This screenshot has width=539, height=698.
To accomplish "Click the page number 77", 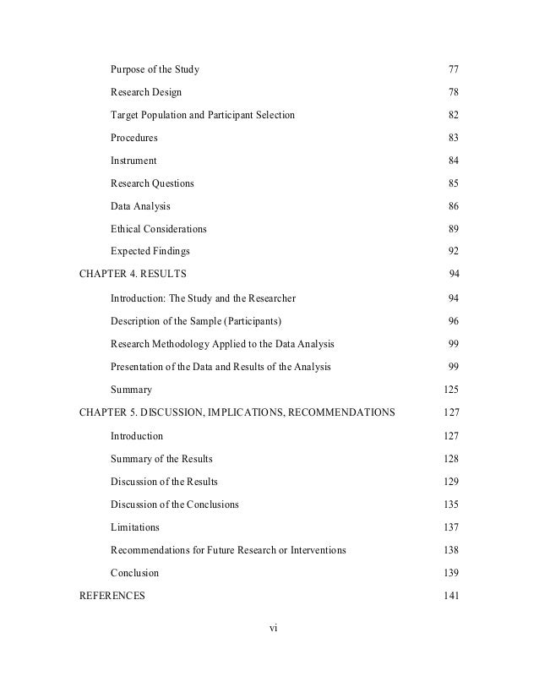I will (x=452, y=68).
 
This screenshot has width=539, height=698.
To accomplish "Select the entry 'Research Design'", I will (x=145, y=91).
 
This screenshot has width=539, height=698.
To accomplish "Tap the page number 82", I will (x=452, y=114).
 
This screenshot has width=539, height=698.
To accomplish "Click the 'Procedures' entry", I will (x=133, y=137).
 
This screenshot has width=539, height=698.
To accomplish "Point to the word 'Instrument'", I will (x=133, y=160).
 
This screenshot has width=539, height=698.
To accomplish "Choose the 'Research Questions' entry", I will (x=152, y=183).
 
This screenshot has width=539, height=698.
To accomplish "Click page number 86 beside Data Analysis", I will (x=452, y=205).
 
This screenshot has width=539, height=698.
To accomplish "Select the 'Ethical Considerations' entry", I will (x=158, y=228).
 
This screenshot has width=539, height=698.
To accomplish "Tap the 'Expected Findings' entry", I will (x=150, y=251).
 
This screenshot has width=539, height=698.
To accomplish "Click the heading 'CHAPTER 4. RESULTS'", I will (x=133, y=274).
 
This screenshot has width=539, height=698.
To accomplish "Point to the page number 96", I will (x=452, y=321).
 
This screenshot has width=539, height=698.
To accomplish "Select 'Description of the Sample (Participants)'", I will (x=196, y=321).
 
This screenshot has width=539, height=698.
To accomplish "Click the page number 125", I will (x=449, y=390).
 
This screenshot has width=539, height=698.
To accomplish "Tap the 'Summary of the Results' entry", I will (x=161, y=458).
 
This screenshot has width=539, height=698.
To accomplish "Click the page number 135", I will (x=449, y=504).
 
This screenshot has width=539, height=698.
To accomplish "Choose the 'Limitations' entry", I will (x=134, y=526).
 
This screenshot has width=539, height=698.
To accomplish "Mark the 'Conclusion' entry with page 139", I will (x=134, y=572).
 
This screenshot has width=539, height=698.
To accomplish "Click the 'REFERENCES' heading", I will (x=112, y=595).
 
